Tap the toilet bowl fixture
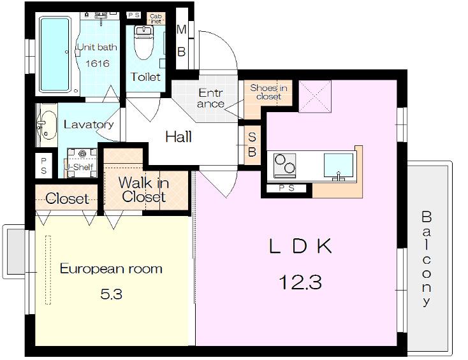[x=144, y=42]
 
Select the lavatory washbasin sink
[x=47, y=125]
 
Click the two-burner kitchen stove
[x=285, y=166]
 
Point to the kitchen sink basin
[x=339, y=166]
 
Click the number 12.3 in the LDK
[x=300, y=282]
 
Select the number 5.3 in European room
[x=111, y=294]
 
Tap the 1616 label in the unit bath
[x=98, y=63]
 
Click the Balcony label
[x=427, y=258]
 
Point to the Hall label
[x=179, y=137]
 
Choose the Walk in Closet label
[x=143, y=190]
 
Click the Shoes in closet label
[x=268, y=92]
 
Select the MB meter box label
[x=182, y=41]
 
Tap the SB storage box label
[x=252, y=145]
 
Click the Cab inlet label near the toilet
[x=156, y=18]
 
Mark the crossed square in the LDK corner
[x=315, y=96]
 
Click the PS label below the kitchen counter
[x=286, y=188]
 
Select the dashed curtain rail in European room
[x=48, y=270]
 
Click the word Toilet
[x=145, y=77]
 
